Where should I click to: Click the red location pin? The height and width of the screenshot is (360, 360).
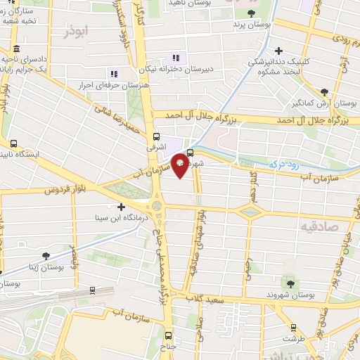point(181,165)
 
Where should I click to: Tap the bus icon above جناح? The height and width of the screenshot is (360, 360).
point(168,335)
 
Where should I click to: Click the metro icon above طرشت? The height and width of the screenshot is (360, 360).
point(293,328)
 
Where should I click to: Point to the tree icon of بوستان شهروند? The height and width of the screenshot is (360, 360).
point(287,283)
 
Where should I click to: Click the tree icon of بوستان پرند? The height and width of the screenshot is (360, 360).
point(252,13)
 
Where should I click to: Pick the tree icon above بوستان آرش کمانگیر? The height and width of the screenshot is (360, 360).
point(324,91)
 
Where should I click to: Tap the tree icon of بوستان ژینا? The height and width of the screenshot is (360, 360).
point(46,257)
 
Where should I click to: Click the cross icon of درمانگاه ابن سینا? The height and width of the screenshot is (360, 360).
point(122,207)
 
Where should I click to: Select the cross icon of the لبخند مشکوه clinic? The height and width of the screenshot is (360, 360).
point(279,51)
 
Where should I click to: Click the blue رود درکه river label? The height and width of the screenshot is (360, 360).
point(284,163)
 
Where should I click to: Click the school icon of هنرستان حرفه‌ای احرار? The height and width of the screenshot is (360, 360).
point(113,74)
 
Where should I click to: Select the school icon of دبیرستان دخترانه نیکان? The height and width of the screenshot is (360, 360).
point(176,58)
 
